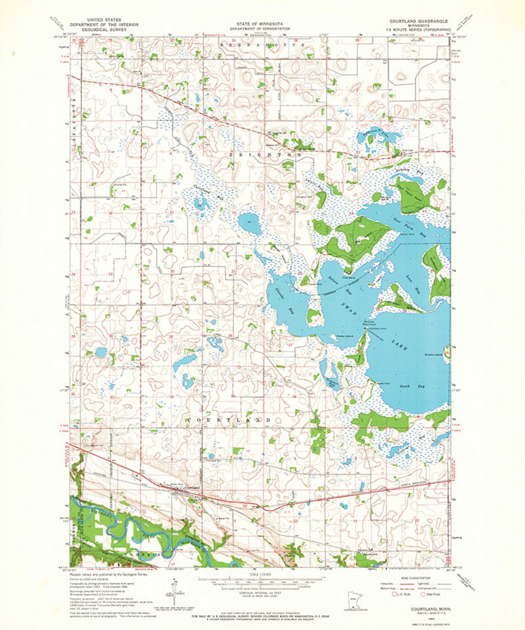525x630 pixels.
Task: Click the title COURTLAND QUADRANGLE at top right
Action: [x=418, y=21]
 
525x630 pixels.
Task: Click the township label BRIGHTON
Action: [x=265, y=154]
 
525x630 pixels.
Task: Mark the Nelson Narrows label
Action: [x=369, y=323]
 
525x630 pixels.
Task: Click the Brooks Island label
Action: [x=433, y=355]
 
